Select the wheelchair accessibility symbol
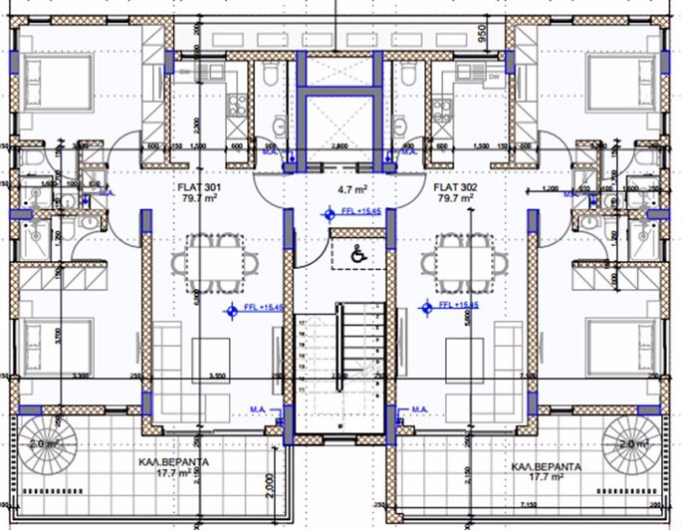point(355,255)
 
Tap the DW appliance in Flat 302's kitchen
point(408,72)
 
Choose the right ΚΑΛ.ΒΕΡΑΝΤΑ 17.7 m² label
point(546,471)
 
